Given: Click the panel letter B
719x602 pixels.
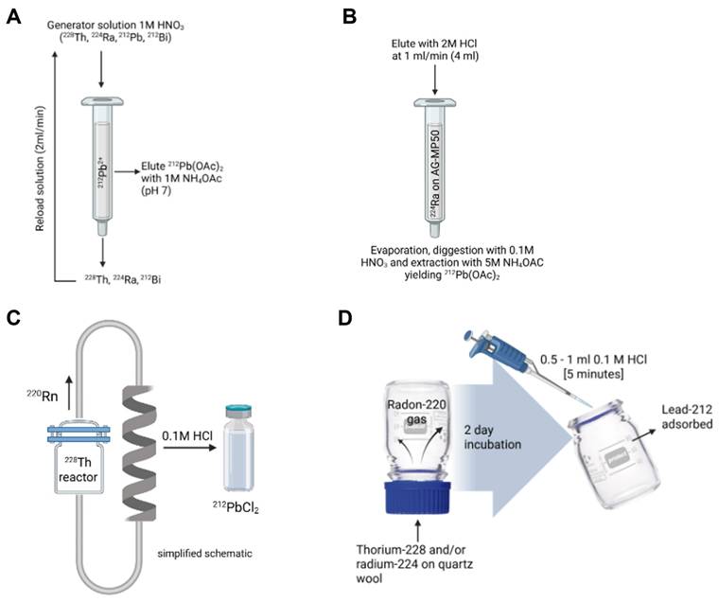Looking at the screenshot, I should (377, 16).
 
